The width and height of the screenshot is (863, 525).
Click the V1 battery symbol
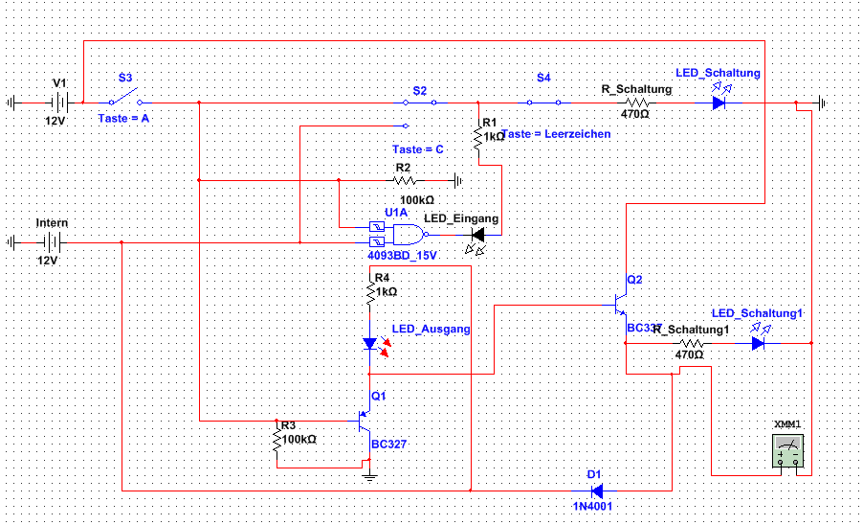tap(59, 102)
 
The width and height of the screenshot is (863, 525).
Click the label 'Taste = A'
tap(123, 118)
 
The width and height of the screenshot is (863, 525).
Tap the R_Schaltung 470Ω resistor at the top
tap(636, 103)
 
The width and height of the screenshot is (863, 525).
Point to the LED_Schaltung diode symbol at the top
tap(719, 103)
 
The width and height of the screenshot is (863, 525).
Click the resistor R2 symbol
tap(406, 179)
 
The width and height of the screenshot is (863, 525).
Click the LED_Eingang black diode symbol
tap(478, 234)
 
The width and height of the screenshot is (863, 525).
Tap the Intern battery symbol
tap(54, 242)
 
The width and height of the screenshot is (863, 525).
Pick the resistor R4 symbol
tap(370, 291)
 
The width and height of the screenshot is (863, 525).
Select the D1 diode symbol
tap(595, 489)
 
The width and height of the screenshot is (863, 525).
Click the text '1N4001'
tap(593, 506)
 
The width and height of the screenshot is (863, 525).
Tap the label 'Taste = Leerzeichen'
tap(556, 134)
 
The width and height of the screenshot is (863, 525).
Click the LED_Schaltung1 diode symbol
tap(758, 342)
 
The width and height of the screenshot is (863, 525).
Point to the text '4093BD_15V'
tap(402, 256)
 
